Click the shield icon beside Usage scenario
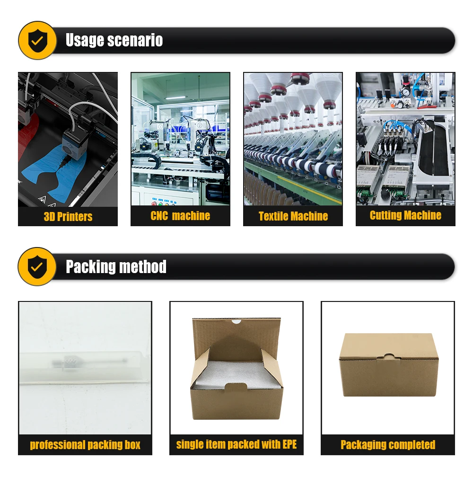click(x=37, y=40)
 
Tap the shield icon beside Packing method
click(x=37, y=267)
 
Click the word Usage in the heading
click(x=84, y=40)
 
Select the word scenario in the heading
click(x=135, y=40)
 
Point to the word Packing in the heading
click(x=90, y=267)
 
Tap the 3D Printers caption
click(x=68, y=217)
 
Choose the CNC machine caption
click(x=180, y=216)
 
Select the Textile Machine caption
click(x=293, y=216)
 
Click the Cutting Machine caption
click(x=405, y=215)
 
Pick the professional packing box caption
click(x=85, y=445)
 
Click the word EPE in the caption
click(x=289, y=444)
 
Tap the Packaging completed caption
click(x=388, y=445)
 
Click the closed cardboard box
click(x=389, y=365)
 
